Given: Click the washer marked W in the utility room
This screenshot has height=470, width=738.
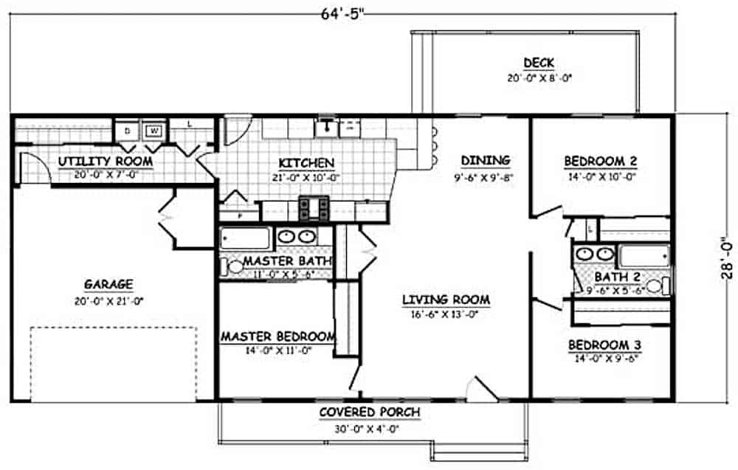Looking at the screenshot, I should [x=154, y=131].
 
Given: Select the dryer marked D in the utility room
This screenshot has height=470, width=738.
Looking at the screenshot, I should [x=126, y=131].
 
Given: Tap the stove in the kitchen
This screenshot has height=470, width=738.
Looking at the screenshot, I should [x=314, y=208].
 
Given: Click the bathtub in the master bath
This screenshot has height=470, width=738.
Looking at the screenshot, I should [x=246, y=238].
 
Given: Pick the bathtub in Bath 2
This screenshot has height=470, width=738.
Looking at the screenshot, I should [x=644, y=256].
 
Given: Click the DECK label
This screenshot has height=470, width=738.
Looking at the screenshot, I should [x=539, y=63].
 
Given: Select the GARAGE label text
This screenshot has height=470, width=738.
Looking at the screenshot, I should [x=108, y=284].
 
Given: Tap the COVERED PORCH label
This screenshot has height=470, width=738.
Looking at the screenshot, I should [x=370, y=412].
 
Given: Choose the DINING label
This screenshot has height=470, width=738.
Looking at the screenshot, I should [x=485, y=160].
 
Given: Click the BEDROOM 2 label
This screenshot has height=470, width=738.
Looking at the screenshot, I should [x=600, y=161].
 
